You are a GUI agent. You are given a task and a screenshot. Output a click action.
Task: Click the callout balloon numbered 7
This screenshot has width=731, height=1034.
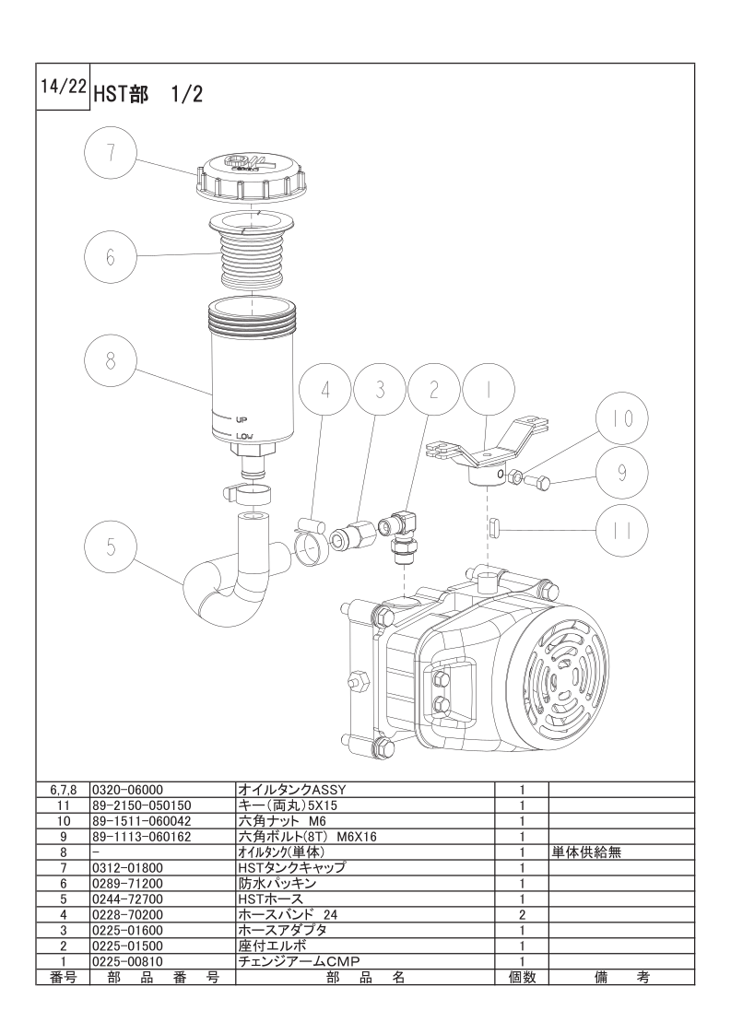click(x=110, y=154)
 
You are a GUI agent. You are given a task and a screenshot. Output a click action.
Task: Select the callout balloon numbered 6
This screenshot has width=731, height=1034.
click(x=110, y=255)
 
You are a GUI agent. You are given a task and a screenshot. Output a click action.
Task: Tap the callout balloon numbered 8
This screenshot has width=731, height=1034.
click(x=110, y=360)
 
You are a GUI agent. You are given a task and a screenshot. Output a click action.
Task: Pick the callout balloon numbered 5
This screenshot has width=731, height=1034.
click(x=110, y=547)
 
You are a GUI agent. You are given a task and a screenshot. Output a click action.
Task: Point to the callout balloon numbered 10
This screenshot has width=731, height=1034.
click(x=624, y=418)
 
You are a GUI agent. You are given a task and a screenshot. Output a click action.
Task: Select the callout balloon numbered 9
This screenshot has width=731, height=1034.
click(x=620, y=473)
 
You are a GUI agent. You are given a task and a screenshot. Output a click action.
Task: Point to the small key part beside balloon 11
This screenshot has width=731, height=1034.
click(x=492, y=527)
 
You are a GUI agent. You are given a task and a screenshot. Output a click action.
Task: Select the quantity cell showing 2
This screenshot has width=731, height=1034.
click(x=522, y=914)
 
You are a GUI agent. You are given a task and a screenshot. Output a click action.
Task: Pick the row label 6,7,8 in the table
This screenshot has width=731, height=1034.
click(x=63, y=789)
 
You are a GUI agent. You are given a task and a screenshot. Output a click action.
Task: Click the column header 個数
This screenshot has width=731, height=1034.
click(x=522, y=977)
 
